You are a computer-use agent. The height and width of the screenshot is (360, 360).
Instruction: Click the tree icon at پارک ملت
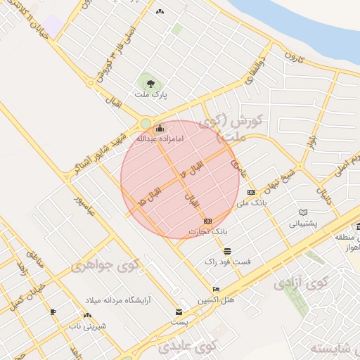(150, 84)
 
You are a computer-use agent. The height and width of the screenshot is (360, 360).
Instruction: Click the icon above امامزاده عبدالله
(160, 129)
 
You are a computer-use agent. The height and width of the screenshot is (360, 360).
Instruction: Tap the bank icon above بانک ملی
(252, 192)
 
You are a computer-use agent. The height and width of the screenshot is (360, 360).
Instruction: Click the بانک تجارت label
(209, 231)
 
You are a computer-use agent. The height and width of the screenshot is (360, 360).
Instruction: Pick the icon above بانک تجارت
(207, 221)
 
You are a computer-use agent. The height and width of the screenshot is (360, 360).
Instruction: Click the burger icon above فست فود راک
(226, 251)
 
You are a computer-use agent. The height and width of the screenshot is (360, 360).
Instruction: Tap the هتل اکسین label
(215, 300)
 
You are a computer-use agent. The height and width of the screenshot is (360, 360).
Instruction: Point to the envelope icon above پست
(179, 312)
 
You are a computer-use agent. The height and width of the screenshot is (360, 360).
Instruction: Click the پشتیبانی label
(304, 224)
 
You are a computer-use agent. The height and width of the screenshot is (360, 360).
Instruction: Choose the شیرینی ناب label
(84, 326)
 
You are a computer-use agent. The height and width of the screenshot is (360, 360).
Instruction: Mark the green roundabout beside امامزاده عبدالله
(146, 124)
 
